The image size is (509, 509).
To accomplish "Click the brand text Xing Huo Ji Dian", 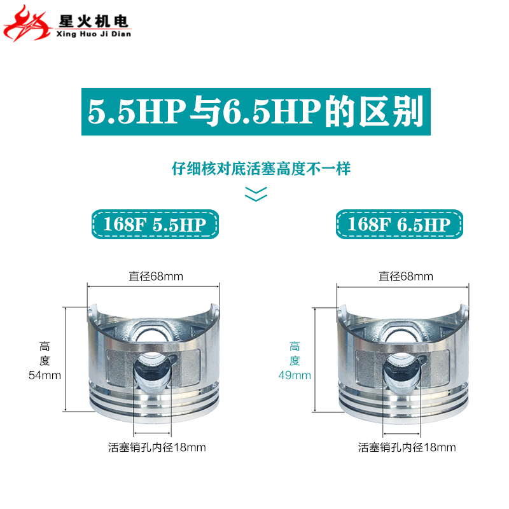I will [x=94, y=34].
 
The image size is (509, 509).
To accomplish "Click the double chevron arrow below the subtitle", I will [x=256, y=193].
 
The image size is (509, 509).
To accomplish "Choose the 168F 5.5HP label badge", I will [x=156, y=224].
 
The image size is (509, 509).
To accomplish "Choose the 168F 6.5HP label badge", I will [x=399, y=224].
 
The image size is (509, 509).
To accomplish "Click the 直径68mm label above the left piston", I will [x=156, y=276].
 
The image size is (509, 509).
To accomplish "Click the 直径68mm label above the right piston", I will [x=406, y=276].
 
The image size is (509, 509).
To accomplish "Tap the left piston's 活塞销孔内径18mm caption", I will [x=157, y=447].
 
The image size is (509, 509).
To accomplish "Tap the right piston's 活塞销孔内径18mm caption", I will [x=407, y=447].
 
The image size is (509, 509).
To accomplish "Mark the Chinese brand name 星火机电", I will [x=94, y=20].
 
